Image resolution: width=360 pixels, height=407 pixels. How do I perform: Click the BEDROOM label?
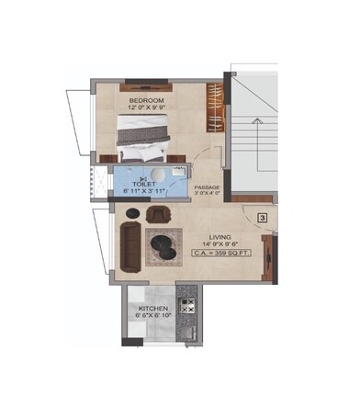pos(146,98)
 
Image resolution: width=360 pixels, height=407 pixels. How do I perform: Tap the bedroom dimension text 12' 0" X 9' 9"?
pos(146,107)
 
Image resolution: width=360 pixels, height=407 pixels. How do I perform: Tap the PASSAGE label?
pos(207,186)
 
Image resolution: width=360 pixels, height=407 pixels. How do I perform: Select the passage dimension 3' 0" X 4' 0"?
pos(207,193)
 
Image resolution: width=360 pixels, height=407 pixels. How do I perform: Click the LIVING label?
pos(220,234)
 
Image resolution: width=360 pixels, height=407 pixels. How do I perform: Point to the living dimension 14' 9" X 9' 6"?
pos(220,243)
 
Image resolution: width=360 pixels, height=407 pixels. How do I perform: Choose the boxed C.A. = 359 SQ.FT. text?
pos(220,252)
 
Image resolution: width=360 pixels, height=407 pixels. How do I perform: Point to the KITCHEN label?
pos(152,307)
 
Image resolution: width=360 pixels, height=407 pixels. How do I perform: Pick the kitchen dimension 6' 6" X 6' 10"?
pos(152,315)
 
